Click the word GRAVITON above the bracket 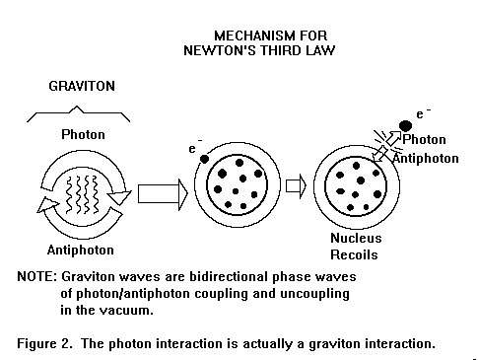(x=82, y=86)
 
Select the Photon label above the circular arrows (x=83, y=134)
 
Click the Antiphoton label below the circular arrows (x=81, y=250)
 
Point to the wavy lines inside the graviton (x=82, y=194)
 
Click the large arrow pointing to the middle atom (x=163, y=194)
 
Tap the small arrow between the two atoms (x=296, y=186)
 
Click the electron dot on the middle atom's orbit (x=204, y=159)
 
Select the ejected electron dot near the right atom (x=406, y=126)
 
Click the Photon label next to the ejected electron (x=424, y=140)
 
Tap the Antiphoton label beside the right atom (x=426, y=159)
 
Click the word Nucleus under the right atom (x=356, y=238)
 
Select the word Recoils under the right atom (x=354, y=254)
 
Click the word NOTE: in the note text (x=37, y=276)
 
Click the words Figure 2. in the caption (x=44, y=343)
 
